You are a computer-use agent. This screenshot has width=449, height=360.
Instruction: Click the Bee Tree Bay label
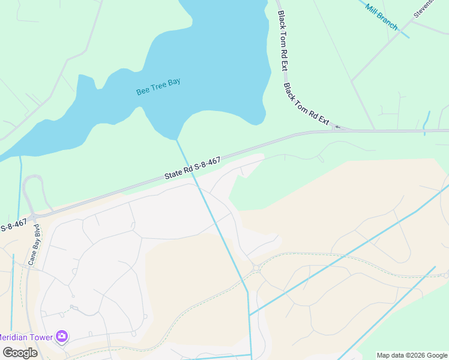coord(158,86)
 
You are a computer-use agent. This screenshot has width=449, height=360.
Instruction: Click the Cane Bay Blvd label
coord(33,245)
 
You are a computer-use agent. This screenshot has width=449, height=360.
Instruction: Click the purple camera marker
coord(61,336)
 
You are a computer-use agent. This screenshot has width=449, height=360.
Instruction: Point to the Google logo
coord(20,353)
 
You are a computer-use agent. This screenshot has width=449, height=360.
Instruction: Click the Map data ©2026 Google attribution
coord(412,355)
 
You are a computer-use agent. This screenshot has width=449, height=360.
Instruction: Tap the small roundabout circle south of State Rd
coord(256,268)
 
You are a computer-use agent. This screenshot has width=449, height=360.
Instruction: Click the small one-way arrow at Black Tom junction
coord(337,127)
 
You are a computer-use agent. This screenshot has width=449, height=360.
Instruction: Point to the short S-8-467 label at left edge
coord(13,226)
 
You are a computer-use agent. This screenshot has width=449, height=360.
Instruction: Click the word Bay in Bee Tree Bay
coord(173,82)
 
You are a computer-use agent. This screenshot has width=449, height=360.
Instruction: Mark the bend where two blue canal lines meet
coord(247,292)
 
